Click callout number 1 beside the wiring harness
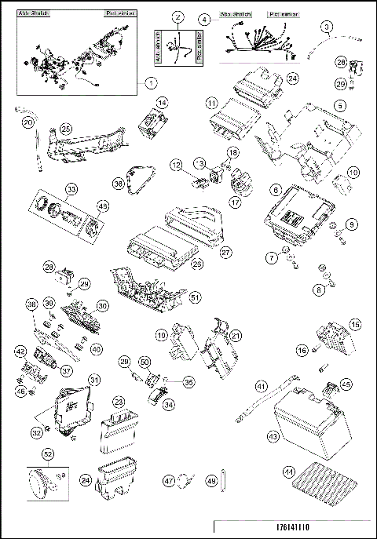point(151,82)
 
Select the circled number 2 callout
point(178,16)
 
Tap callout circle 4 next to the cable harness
point(204,19)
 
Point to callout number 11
point(212,103)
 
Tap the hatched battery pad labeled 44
point(288,472)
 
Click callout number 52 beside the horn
point(48,453)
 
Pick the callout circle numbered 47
point(168,479)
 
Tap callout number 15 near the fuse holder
point(355,324)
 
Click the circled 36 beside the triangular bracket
point(119,183)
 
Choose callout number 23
point(119,400)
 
